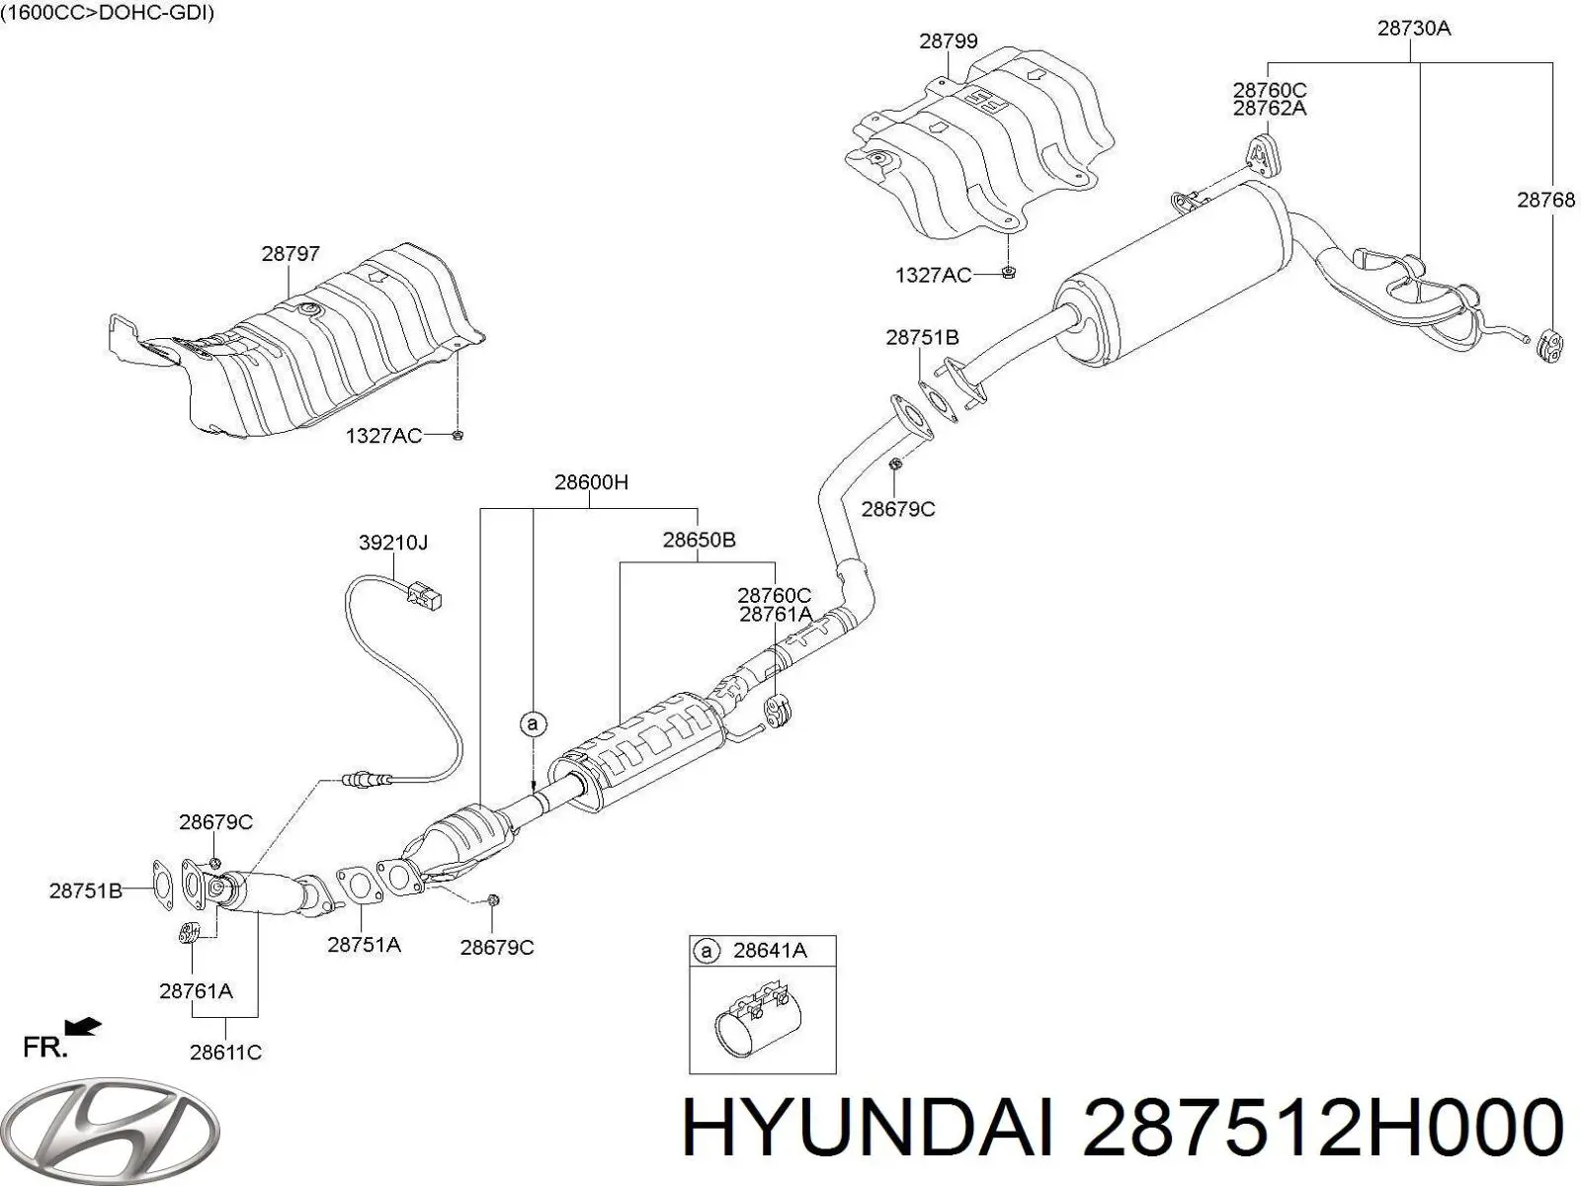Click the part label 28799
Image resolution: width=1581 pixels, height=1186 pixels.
pos(948,41)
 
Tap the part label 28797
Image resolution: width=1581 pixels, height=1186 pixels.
pos(291,254)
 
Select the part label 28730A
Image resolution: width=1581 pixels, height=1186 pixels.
pos(1413,29)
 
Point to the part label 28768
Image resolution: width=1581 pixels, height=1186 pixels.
pos(1546,200)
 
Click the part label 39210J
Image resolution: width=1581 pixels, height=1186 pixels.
pos(392,543)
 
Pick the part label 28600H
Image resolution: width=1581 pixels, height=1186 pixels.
pos(591,482)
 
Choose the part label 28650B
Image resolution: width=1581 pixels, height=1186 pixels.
pos(699,540)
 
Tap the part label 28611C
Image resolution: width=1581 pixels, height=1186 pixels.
pos(225,1053)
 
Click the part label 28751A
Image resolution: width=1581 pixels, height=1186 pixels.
pos(364,945)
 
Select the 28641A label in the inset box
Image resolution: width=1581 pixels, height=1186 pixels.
pos(770,951)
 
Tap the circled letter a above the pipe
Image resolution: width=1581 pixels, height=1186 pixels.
pos(533,724)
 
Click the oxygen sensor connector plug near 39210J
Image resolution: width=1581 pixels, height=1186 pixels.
pos(426,596)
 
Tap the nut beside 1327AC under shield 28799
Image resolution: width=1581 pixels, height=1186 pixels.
pos(1007,274)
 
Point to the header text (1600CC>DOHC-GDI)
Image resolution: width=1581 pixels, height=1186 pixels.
pos(108,13)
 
